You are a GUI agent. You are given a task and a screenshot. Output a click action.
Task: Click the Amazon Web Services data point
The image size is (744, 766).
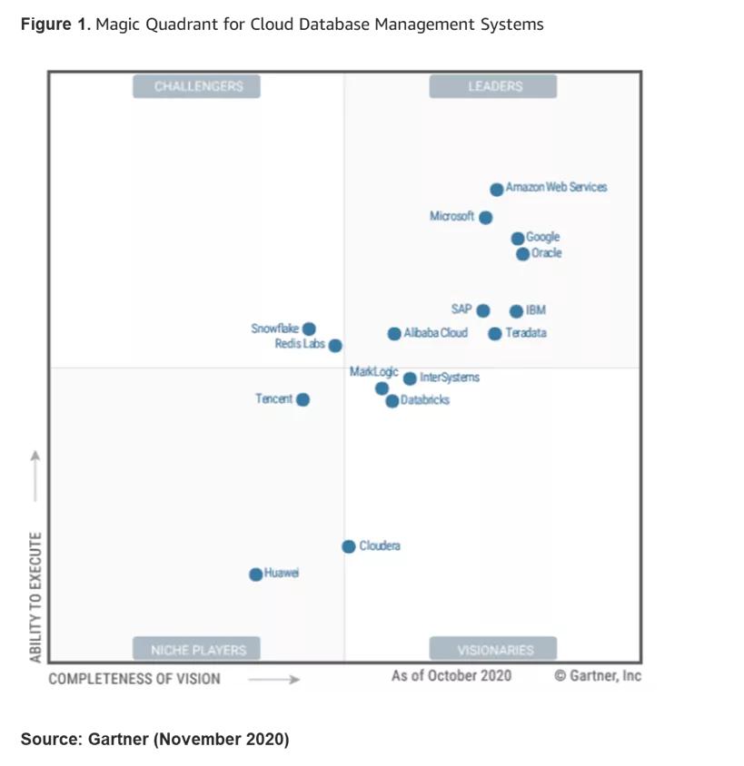point(496,190)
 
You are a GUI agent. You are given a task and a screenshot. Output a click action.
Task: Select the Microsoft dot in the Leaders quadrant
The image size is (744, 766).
point(486,218)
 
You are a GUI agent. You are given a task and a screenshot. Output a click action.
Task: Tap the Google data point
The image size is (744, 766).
point(518,239)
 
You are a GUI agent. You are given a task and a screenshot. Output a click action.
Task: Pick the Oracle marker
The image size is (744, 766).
point(522,254)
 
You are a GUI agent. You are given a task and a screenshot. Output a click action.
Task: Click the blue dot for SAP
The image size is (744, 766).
point(483,310)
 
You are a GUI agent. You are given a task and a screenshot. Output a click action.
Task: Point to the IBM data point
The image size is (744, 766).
point(516,311)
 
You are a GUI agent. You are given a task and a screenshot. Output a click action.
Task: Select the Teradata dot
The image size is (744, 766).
point(494,334)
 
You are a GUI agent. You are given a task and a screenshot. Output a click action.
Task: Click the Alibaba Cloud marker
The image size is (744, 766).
point(394,334)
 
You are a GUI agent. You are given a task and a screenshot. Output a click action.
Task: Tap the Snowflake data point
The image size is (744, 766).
point(309,329)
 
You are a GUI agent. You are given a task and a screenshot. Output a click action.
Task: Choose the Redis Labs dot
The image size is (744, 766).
point(335,346)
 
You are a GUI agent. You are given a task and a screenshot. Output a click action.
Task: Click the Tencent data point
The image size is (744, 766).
point(303,399)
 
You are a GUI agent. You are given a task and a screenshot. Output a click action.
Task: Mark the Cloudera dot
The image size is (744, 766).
point(349,546)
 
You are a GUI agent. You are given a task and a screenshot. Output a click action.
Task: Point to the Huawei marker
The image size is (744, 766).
point(256,574)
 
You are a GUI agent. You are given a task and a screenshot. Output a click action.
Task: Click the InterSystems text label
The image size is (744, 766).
point(450,378)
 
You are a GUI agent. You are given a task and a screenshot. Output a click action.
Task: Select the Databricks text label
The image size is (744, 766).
point(425,400)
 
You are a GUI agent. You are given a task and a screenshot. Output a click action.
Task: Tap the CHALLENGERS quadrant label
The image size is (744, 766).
point(198,86)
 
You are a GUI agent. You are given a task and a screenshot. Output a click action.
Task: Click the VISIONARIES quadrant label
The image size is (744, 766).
point(494,650)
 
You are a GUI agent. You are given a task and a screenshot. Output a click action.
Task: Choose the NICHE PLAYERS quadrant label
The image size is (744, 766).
point(198,650)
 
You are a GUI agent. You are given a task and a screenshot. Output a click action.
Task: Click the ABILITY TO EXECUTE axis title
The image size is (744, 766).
point(35,596)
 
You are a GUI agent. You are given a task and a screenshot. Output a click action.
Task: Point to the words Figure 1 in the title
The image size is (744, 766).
point(54,25)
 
